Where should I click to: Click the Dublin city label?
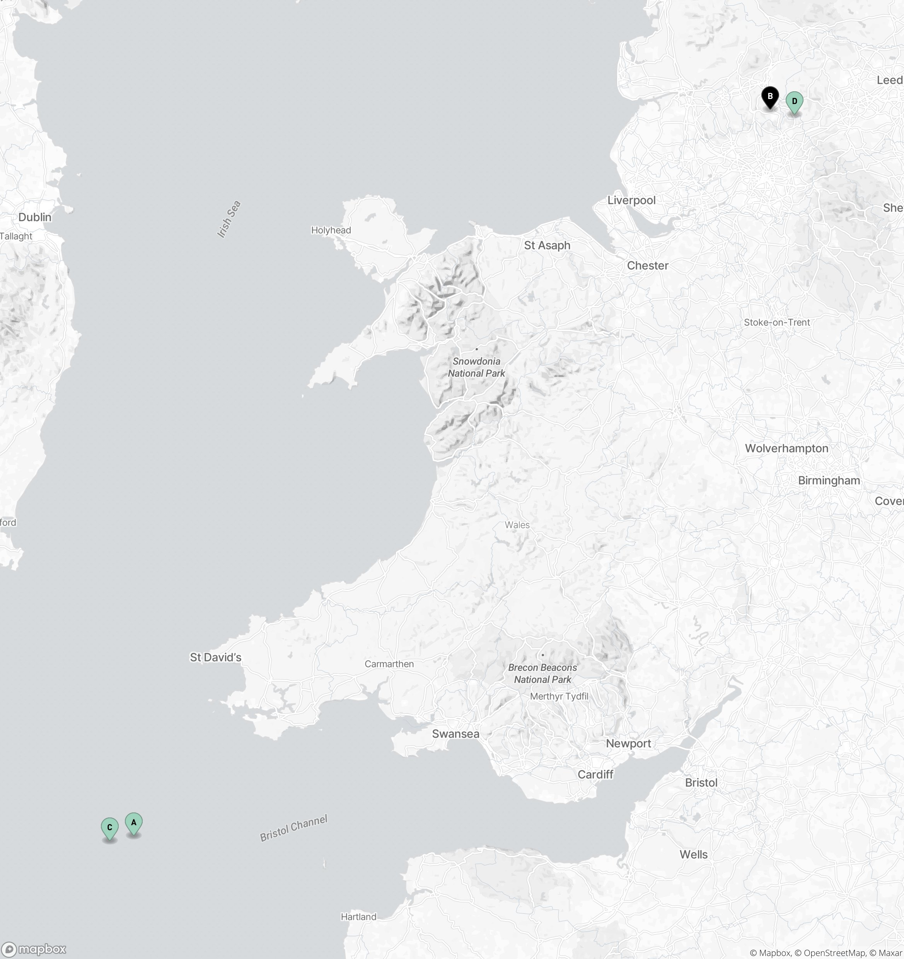35,217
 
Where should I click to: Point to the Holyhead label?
331,230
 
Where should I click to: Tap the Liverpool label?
631,200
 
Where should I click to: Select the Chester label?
647,265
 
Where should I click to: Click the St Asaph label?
547,245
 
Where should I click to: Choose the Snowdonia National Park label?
476,367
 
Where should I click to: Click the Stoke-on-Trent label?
777,322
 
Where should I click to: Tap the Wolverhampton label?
786,448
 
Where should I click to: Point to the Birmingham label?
829,480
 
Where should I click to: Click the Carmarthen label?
389,664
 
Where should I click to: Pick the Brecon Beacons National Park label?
542,673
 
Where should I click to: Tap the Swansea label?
455,734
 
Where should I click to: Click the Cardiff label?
595,774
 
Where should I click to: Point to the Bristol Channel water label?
293,828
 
